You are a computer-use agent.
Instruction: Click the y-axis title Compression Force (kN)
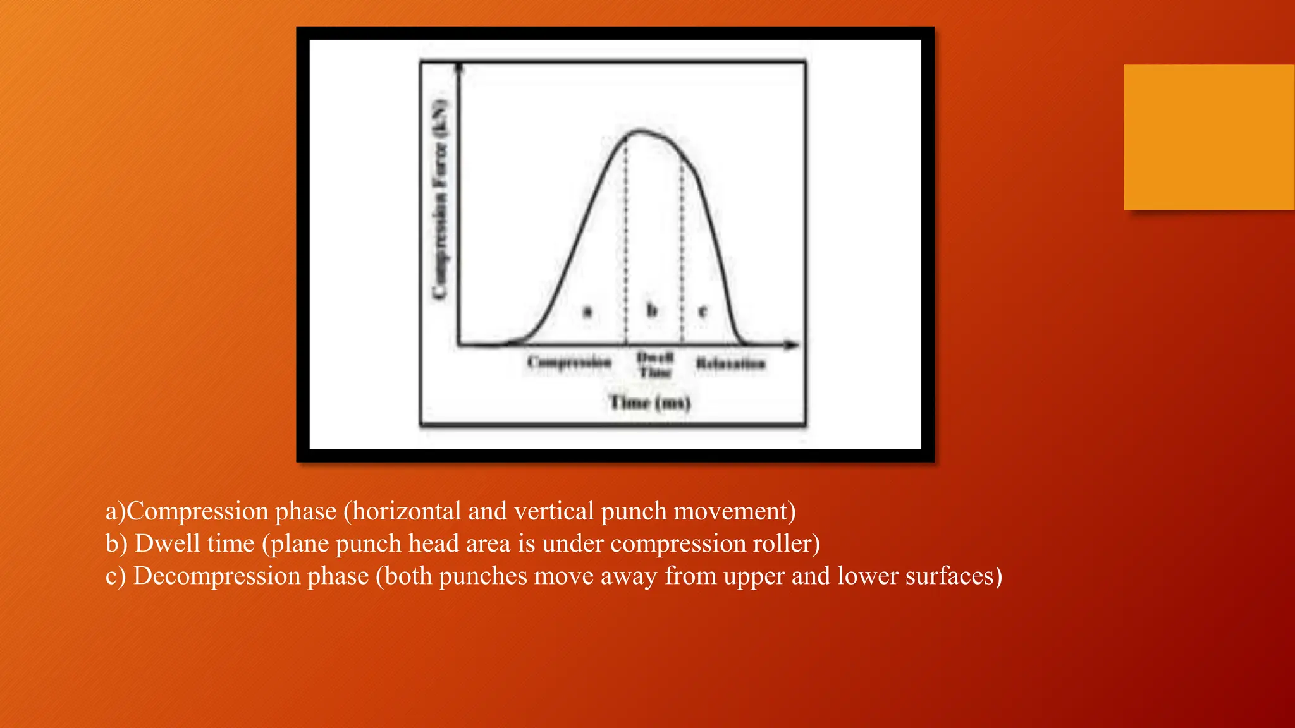point(441,199)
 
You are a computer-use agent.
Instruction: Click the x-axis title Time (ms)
point(650,403)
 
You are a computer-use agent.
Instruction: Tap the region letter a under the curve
point(587,311)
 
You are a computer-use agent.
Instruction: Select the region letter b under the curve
point(652,310)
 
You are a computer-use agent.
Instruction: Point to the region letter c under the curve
point(703,311)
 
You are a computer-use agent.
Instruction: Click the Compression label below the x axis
point(570,363)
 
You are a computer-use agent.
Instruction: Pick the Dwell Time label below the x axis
point(654,365)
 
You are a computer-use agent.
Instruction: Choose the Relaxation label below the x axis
point(730,363)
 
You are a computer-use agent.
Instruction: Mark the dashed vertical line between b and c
point(682,253)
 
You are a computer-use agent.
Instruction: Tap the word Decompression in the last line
point(251,576)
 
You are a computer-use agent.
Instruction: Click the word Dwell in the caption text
point(163,543)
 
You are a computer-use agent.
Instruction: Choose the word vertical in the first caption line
point(554,511)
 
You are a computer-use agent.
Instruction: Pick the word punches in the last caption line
point(482,576)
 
